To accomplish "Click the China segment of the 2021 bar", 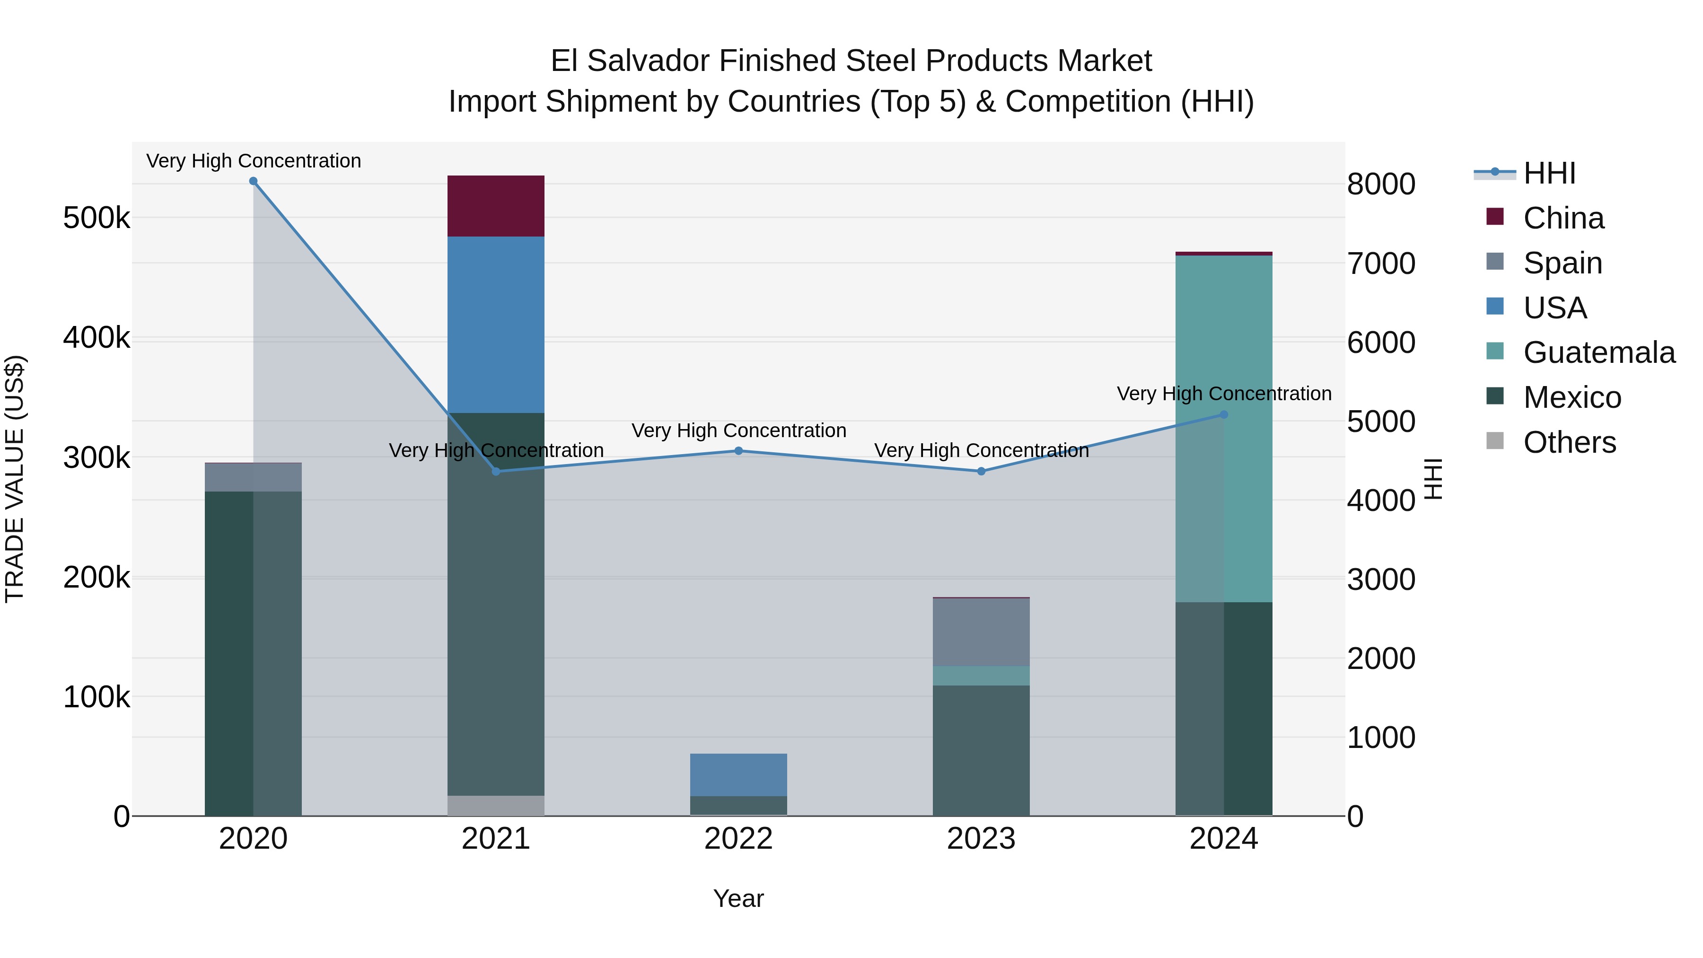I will click(x=496, y=206).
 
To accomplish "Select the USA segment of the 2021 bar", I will click(x=496, y=324).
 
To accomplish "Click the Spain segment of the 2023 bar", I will click(x=981, y=632).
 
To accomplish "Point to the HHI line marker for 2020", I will click(x=253, y=181).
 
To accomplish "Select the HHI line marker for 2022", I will click(x=738, y=451).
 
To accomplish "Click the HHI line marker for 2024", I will click(x=1224, y=414).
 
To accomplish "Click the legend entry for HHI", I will click(x=1549, y=173).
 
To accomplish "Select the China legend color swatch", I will click(x=1495, y=217).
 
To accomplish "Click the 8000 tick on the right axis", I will click(x=1381, y=184).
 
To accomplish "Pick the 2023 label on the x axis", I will click(x=981, y=839).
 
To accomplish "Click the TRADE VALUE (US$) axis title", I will click(x=15, y=479).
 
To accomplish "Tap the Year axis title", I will click(x=738, y=898).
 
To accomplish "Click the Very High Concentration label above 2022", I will click(x=738, y=431).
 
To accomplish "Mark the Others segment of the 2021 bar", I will click(x=496, y=805).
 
